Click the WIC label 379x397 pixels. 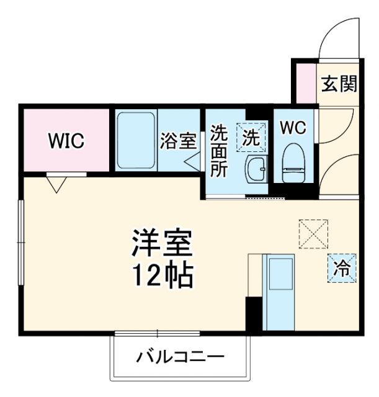click(x=66, y=141)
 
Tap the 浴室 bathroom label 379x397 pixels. click(x=178, y=141)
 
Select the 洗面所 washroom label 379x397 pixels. click(x=219, y=151)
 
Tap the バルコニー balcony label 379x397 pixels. click(x=180, y=357)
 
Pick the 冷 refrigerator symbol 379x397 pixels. click(x=342, y=267)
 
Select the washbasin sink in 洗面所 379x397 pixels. click(x=255, y=170)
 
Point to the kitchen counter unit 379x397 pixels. click(x=278, y=292)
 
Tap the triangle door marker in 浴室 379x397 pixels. click(x=192, y=161)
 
